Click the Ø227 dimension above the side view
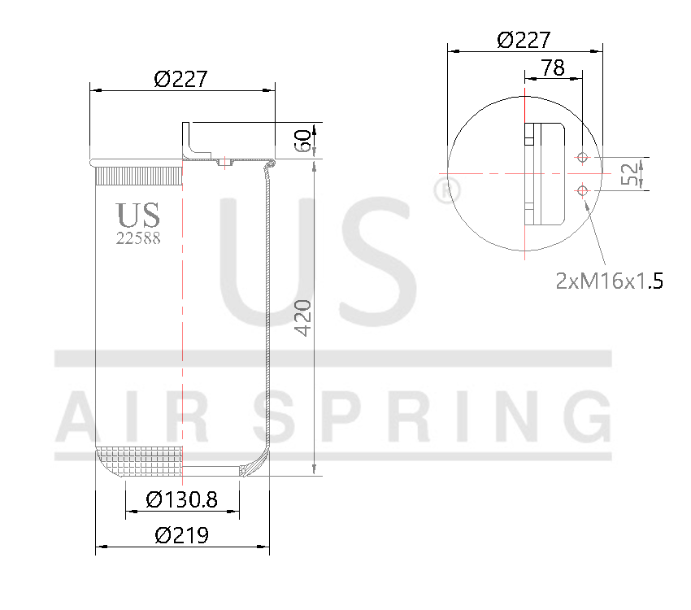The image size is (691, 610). (x=181, y=79)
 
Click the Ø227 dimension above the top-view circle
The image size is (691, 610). (x=524, y=39)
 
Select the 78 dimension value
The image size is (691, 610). (x=552, y=68)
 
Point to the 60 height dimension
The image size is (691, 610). (x=302, y=140)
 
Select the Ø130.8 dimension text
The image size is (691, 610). (x=181, y=499)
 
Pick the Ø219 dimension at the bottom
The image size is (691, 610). (x=181, y=535)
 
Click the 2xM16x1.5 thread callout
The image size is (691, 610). (x=610, y=281)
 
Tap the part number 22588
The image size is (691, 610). (x=138, y=238)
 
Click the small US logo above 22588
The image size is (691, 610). (x=138, y=216)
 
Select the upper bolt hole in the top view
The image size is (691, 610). (x=582, y=157)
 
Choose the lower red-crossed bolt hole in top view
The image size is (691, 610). (x=582, y=190)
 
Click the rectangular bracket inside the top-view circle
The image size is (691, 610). (x=546, y=172)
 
